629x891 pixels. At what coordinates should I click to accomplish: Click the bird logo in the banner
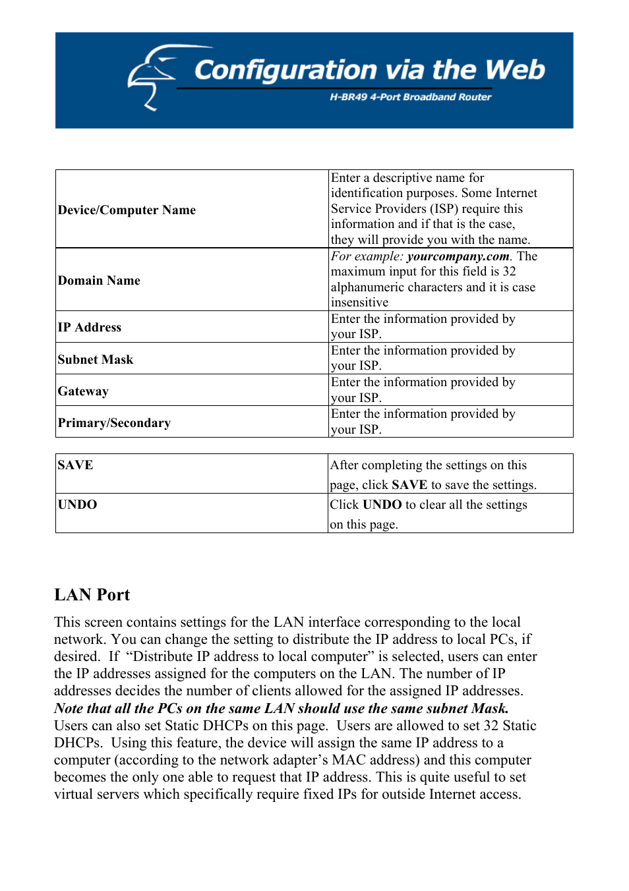[151, 76]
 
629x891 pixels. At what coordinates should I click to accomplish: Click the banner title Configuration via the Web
[369, 70]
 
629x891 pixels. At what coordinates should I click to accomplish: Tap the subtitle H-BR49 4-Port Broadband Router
[410, 97]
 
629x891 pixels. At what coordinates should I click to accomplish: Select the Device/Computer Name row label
[127, 210]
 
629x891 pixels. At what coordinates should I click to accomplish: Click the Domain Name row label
[99, 280]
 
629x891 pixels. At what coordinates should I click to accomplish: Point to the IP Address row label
[90, 327]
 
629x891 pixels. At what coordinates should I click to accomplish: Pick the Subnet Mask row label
[96, 359]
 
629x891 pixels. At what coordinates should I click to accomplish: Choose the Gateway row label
[83, 391]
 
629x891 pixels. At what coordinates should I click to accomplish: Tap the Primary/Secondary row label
[114, 422]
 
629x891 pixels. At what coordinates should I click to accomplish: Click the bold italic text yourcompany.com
[458, 256]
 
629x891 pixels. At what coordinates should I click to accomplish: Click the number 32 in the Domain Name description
[509, 272]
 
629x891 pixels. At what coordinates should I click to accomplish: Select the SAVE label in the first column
[75, 465]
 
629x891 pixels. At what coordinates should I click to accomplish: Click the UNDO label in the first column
[77, 504]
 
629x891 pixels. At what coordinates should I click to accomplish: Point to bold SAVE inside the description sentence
[409, 485]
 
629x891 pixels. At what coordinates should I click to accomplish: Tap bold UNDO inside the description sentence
[382, 505]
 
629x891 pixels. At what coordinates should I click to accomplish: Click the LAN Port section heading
[92, 595]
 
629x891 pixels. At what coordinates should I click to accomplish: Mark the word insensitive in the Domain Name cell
[359, 302]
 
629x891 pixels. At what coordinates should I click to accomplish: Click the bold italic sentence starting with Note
[282, 708]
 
